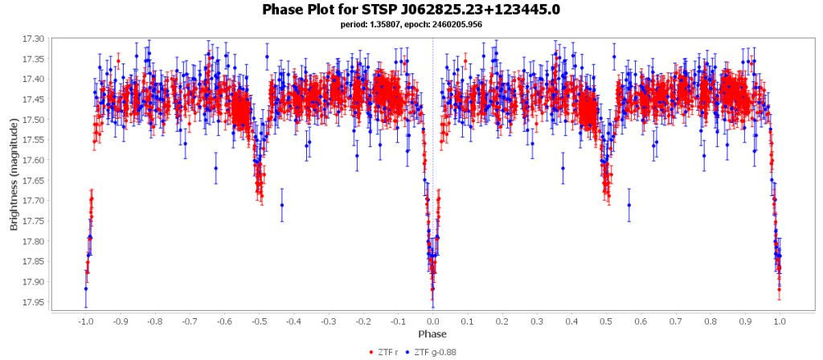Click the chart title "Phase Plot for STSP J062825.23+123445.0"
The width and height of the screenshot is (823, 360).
click(x=411, y=10)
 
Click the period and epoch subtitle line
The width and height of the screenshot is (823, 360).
click(x=411, y=24)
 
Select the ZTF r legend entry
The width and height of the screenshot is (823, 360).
click(x=387, y=352)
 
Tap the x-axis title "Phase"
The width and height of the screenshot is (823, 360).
click(x=432, y=333)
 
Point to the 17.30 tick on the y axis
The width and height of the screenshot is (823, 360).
click(x=35, y=39)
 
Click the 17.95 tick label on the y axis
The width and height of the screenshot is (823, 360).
click(x=35, y=302)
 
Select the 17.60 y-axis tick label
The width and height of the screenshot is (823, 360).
click(x=35, y=160)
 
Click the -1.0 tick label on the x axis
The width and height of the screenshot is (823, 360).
click(x=85, y=321)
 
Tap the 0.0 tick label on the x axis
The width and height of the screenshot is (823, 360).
click(x=433, y=321)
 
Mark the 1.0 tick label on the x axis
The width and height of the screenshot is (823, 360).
click(x=780, y=321)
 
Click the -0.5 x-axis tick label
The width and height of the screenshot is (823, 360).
click(x=259, y=321)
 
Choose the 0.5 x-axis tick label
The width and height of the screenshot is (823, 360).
click(x=607, y=321)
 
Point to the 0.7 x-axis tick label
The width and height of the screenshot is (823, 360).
click(x=676, y=321)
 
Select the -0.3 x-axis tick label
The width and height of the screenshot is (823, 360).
click(x=328, y=321)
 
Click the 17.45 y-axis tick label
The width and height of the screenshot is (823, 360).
click(x=35, y=100)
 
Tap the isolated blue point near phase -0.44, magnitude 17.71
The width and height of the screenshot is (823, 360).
click(x=282, y=205)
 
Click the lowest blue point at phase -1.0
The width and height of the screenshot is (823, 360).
click(x=85, y=289)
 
